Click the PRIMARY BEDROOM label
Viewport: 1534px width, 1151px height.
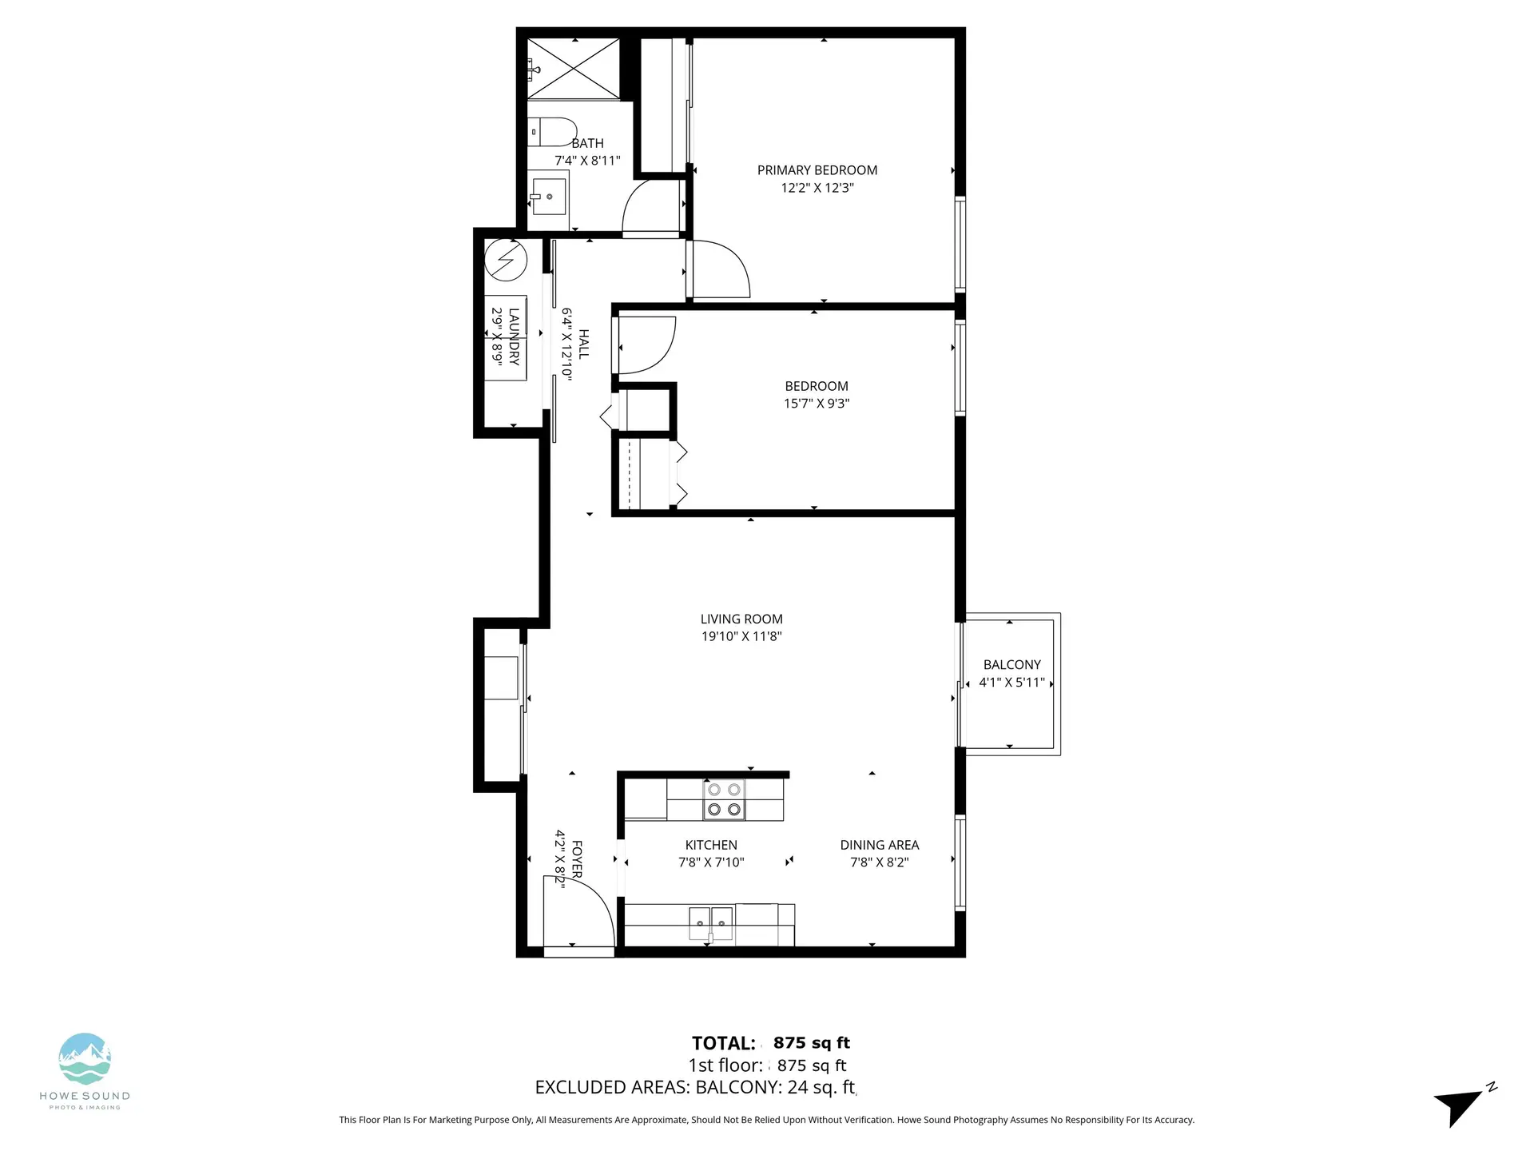(x=817, y=170)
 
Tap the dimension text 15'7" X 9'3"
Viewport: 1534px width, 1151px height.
(x=816, y=404)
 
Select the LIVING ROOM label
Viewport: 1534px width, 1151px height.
(x=741, y=619)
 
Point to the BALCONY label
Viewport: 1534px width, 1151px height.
(x=1011, y=664)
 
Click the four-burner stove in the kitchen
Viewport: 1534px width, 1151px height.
(x=724, y=799)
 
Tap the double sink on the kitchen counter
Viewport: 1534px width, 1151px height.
(x=711, y=924)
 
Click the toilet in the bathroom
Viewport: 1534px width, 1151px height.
(x=553, y=132)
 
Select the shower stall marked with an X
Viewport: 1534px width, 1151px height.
(x=574, y=68)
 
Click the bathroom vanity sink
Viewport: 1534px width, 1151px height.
(x=548, y=197)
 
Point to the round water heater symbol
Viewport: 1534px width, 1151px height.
(x=506, y=261)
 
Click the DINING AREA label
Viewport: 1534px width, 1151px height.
(x=879, y=845)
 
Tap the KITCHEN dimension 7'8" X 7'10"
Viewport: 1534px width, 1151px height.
(x=710, y=862)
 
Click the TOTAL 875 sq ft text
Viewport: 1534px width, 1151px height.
(x=771, y=1043)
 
